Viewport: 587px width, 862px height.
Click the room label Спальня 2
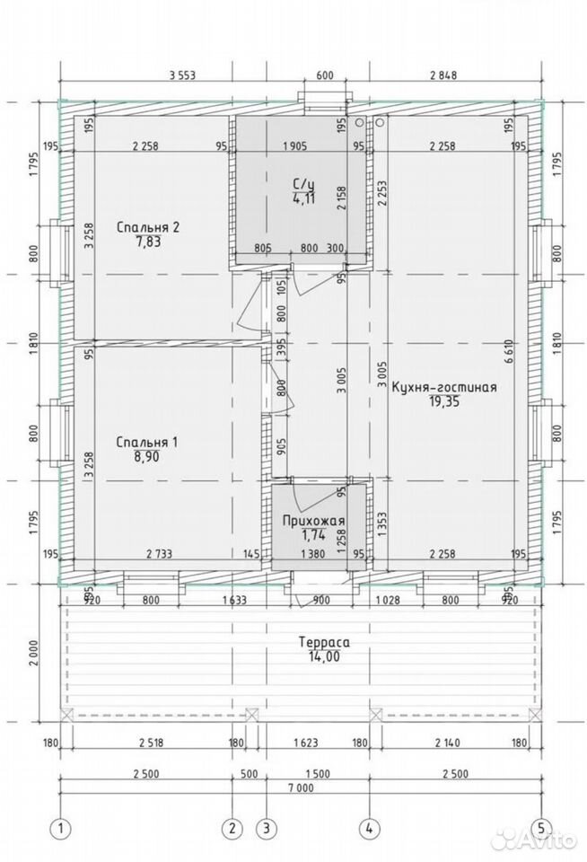pos(148,227)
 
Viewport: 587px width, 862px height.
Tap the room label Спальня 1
pos(147,443)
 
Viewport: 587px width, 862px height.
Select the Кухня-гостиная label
pos(444,388)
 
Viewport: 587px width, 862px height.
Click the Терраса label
pos(324,642)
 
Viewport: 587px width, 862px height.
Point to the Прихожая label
pos(314,521)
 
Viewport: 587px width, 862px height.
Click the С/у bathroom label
pos(303,184)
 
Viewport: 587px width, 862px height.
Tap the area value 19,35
pos(444,402)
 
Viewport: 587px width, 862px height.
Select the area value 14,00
pos(324,656)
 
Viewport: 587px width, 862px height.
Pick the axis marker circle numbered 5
pos(541,828)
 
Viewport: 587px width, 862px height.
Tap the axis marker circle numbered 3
pos(267,828)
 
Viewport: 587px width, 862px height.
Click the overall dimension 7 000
pos(300,788)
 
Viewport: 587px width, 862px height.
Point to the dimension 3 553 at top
pos(182,75)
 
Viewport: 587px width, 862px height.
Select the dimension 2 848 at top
pos(443,75)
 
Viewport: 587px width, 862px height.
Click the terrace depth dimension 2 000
pos(34,653)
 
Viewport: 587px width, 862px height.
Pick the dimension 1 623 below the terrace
pos(305,743)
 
